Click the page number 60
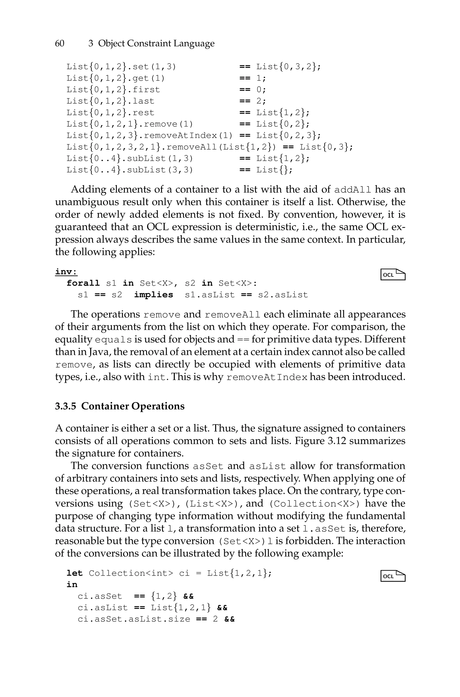[60, 43]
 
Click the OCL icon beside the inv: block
[393, 274]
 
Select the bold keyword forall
[83, 283]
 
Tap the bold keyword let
[75, 573]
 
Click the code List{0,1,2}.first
[113, 90]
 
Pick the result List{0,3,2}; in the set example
[289, 67]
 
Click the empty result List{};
[274, 170]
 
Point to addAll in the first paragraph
[353, 190]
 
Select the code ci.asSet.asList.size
[134, 619]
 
